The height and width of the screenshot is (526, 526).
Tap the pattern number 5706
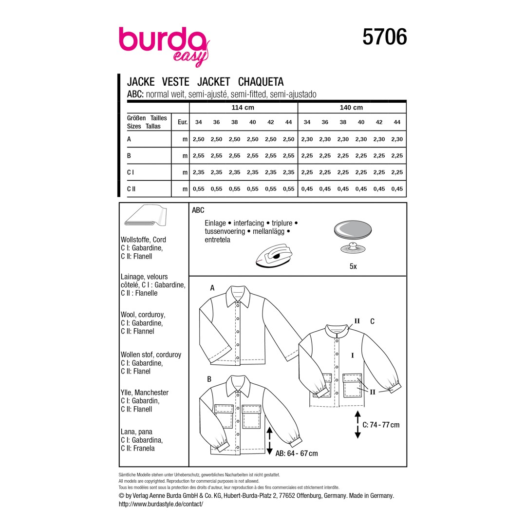384,37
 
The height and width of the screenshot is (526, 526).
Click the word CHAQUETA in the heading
261,81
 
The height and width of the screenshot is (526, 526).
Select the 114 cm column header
243,107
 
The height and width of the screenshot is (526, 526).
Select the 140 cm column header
351,107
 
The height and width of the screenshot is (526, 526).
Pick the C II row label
131,189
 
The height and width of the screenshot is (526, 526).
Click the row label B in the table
129,156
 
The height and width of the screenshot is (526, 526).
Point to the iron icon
274,255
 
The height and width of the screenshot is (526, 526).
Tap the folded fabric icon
146,215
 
